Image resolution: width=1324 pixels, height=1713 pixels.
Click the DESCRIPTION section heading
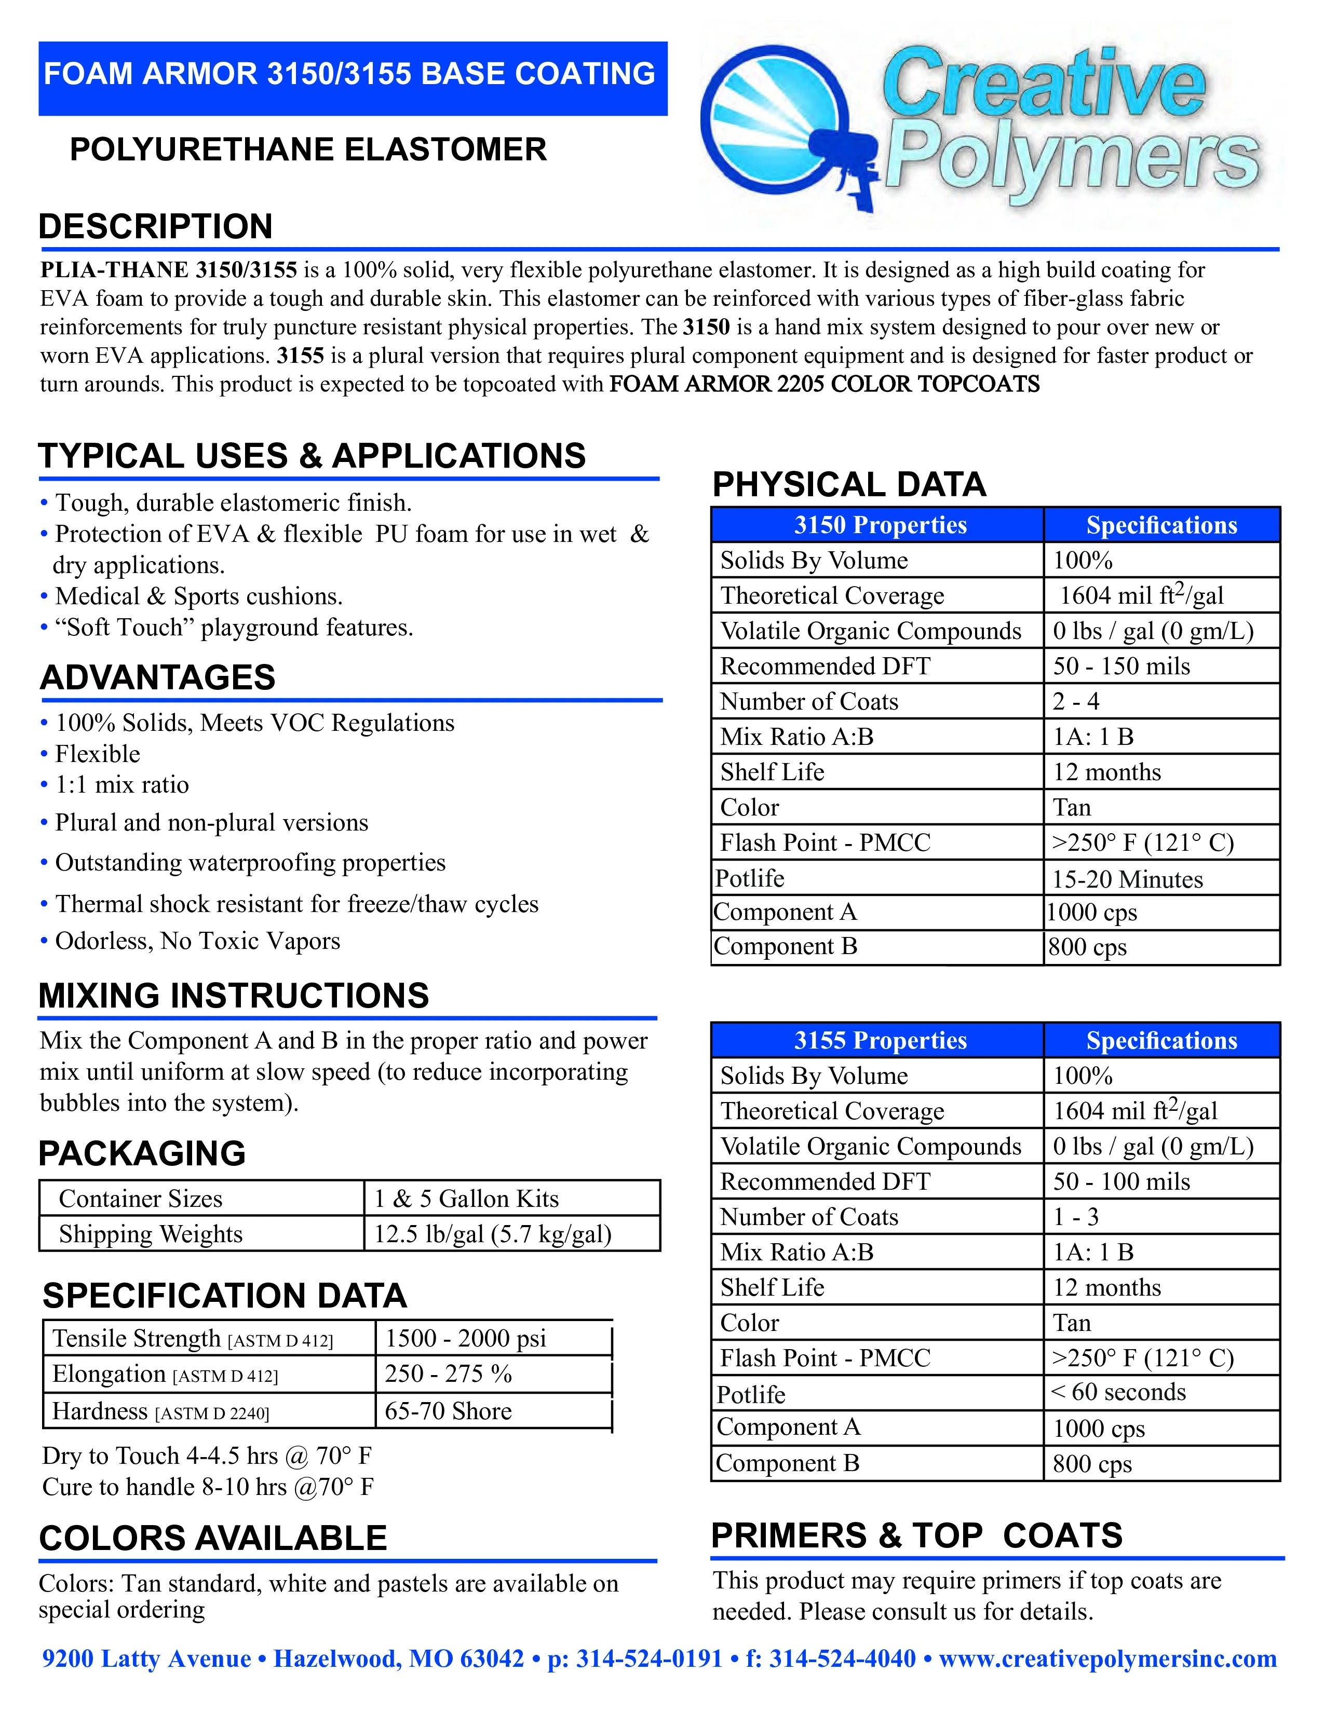(x=155, y=227)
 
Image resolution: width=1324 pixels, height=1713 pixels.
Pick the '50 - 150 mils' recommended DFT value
(x=1121, y=666)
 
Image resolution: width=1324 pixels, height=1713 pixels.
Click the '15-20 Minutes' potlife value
(x=1127, y=879)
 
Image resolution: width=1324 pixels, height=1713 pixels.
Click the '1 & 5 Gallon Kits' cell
(x=466, y=1199)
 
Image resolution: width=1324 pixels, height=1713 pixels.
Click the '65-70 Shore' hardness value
(x=448, y=1411)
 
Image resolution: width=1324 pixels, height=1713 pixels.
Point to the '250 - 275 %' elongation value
(x=448, y=1374)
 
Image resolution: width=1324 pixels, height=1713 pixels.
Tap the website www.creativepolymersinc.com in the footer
(x=1107, y=1659)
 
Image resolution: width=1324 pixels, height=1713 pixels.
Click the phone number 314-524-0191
(x=649, y=1659)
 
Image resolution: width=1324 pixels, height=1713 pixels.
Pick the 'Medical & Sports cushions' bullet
(x=198, y=596)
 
